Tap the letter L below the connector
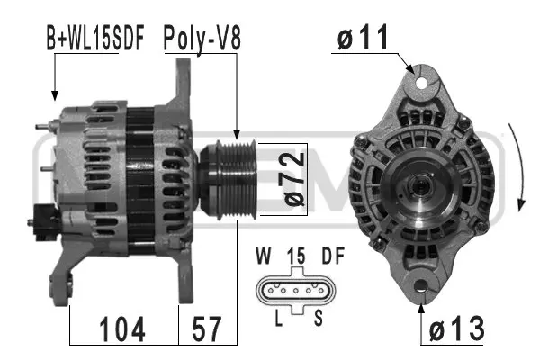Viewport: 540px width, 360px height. (281, 319)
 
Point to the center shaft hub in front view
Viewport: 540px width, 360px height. (419, 187)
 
